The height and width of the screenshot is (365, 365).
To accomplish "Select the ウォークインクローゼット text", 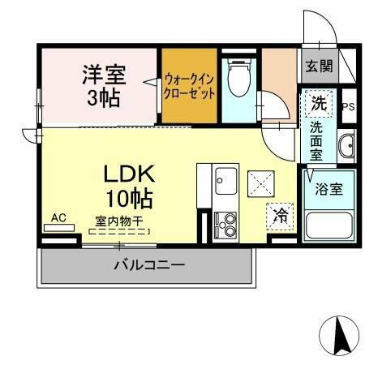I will [190, 86].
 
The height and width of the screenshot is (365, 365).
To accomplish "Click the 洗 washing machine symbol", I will [319, 104].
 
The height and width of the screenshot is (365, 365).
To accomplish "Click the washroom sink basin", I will [347, 146].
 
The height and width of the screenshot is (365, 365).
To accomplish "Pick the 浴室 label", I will [328, 189].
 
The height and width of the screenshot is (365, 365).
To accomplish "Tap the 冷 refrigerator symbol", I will [281, 215].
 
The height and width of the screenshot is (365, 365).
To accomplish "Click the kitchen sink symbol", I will [225, 182].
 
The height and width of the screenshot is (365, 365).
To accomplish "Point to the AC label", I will [58, 217].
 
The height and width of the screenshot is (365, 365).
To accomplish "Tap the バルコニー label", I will [149, 264].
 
